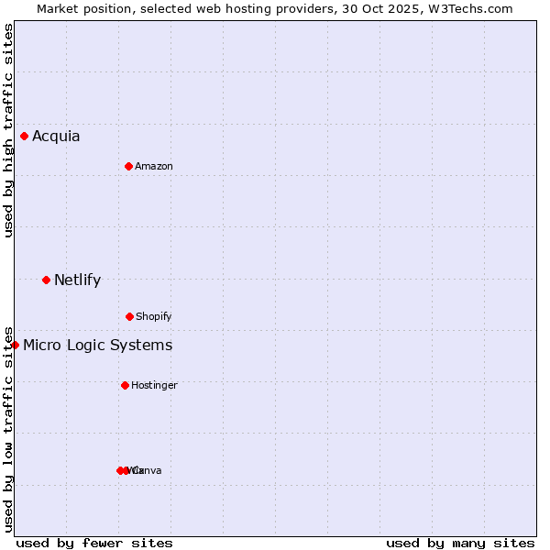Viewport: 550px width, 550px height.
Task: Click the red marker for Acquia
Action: click(x=25, y=137)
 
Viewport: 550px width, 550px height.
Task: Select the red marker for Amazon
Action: click(x=129, y=166)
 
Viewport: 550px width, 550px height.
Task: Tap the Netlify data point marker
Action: click(x=47, y=280)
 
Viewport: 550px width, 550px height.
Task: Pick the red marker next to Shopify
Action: click(x=129, y=316)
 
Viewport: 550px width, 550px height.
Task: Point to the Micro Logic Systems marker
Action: click(x=16, y=345)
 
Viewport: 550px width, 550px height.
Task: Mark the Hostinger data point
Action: click(x=126, y=385)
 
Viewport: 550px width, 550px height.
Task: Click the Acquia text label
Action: click(x=56, y=137)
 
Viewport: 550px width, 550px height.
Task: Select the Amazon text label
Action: click(x=154, y=167)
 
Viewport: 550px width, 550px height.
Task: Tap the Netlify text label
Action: click(x=77, y=280)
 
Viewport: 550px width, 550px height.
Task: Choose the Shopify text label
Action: click(x=154, y=317)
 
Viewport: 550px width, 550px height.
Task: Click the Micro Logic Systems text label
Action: click(x=97, y=346)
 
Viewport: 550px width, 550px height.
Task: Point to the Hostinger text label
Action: click(x=154, y=386)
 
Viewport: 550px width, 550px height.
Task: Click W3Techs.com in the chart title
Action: click(x=470, y=8)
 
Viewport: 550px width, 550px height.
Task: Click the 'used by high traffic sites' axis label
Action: click(x=8, y=130)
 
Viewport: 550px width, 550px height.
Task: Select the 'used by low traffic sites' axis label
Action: click(x=8, y=428)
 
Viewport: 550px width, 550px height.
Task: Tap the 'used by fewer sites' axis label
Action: click(x=94, y=543)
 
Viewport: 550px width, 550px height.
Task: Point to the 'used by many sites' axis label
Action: click(x=460, y=543)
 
